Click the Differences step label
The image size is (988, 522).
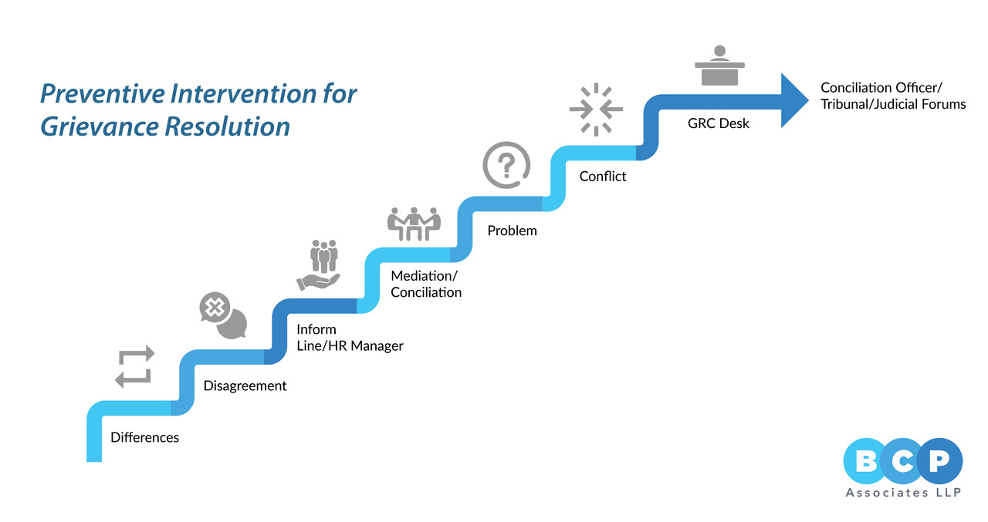(x=145, y=437)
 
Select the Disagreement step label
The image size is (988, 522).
(x=245, y=386)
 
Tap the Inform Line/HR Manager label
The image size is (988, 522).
(x=350, y=338)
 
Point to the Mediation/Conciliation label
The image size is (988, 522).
(x=426, y=284)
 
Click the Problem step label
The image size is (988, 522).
(x=512, y=230)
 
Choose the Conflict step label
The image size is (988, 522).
(x=603, y=176)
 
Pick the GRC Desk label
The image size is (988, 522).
(x=719, y=123)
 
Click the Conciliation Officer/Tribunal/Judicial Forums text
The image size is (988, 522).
(x=893, y=96)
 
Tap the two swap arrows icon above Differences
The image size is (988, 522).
(x=135, y=366)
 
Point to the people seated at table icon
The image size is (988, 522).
(x=413, y=223)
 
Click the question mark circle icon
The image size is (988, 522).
(x=506, y=167)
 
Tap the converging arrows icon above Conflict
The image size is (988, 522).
(x=596, y=109)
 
